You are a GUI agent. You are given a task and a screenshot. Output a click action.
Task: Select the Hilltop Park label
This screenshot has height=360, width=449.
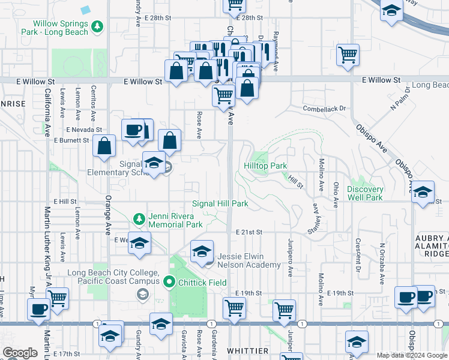(265, 166)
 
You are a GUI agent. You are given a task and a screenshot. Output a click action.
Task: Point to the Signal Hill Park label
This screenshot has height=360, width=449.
(220, 204)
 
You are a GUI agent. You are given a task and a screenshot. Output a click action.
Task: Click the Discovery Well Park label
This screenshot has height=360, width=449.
(364, 193)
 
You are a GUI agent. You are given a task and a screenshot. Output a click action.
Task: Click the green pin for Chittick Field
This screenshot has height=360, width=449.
(169, 281)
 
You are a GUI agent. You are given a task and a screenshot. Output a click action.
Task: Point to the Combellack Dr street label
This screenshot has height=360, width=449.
(325, 109)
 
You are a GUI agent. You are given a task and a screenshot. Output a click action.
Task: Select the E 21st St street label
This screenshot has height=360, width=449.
(250, 232)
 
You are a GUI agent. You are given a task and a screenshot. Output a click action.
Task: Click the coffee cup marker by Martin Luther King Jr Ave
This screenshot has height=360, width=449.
(39, 309)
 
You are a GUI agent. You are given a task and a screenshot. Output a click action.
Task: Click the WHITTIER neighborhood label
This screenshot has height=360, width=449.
(247, 350)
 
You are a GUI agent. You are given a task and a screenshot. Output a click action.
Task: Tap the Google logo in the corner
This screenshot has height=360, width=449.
(20, 353)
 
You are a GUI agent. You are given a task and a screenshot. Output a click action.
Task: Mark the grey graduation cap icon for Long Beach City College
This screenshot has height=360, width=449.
(143, 294)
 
